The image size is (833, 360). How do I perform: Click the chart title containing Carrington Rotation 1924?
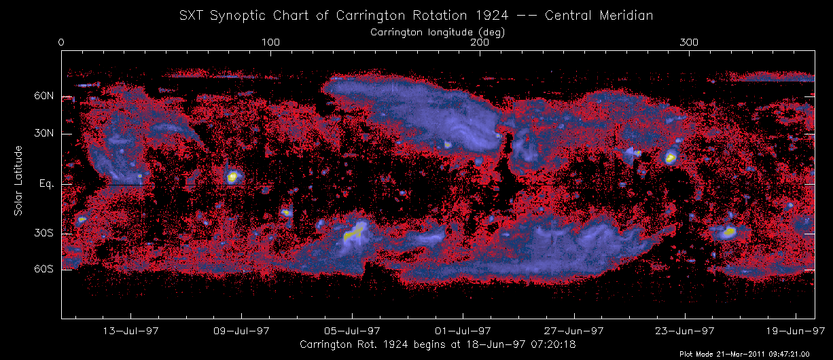[416, 15]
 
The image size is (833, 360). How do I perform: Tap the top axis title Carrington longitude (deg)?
[438, 32]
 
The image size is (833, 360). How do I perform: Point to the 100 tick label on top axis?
[270, 43]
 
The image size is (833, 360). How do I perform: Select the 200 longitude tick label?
[480, 43]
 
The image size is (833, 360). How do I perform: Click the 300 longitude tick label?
[690, 43]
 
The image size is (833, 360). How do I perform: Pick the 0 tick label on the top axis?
[62, 43]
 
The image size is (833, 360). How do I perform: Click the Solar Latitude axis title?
[19, 181]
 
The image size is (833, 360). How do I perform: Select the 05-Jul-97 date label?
[353, 331]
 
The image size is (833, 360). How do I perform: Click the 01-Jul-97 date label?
[463, 331]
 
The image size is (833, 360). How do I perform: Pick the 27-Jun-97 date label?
[574, 331]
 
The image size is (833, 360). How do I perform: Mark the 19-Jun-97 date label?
[796, 331]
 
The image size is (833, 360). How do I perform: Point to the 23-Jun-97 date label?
[685, 331]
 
